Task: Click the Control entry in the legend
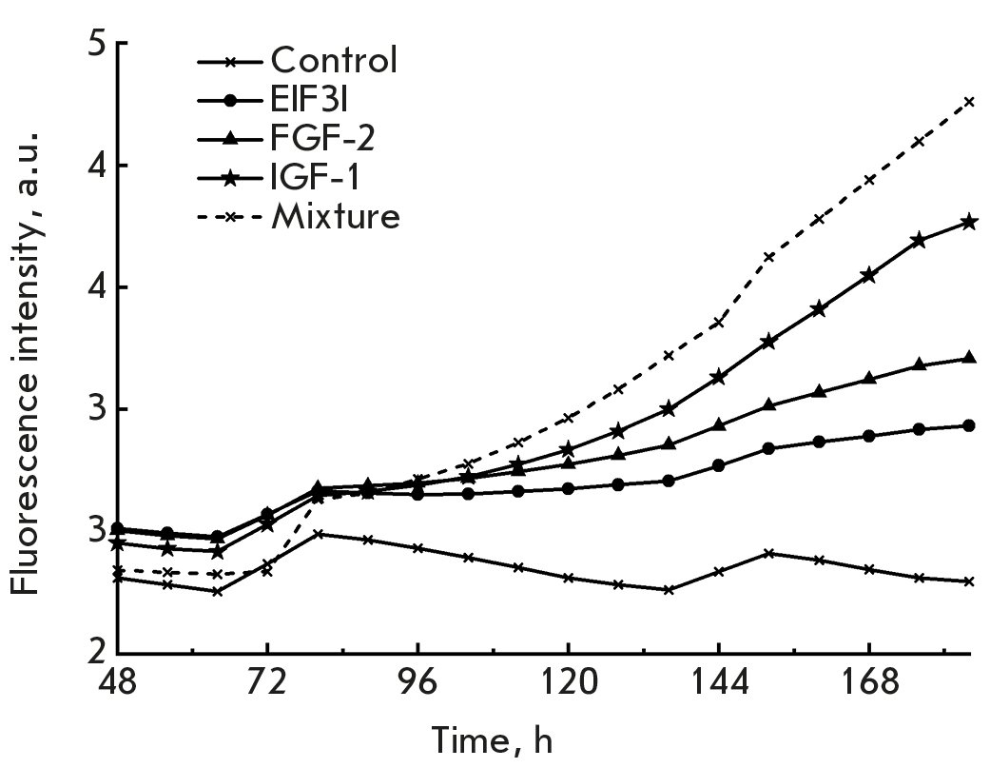[333, 60]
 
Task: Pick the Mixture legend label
[335, 216]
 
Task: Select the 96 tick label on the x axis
[417, 683]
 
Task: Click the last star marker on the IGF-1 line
[969, 223]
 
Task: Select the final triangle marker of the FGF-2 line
[969, 358]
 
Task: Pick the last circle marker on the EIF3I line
[969, 425]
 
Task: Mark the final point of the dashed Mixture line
[969, 101]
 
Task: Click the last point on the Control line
[969, 581]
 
